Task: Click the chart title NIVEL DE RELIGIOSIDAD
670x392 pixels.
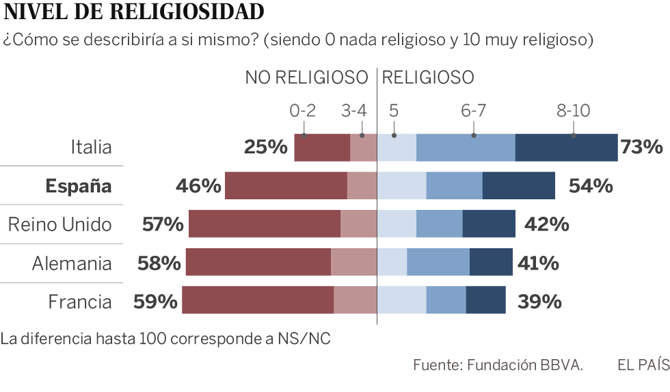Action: (x=133, y=12)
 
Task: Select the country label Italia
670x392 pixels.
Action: (x=91, y=147)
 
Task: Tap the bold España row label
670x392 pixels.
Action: (x=78, y=186)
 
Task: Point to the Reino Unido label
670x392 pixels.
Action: (x=59, y=224)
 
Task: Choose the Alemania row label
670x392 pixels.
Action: (x=72, y=263)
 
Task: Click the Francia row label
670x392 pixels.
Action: (x=79, y=302)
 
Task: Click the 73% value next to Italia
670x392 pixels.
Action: (x=641, y=147)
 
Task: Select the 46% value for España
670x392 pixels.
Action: (x=198, y=186)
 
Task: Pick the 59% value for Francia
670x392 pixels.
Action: (x=157, y=302)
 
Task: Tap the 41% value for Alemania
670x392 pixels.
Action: (x=538, y=263)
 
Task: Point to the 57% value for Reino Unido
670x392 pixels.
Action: (x=163, y=224)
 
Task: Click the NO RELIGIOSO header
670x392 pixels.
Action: (x=306, y=77)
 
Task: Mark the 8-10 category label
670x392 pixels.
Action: (x=573, y=111)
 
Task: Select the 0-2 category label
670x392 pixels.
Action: (x=303, y=111)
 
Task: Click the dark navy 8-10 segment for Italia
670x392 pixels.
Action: (x=566, y=148)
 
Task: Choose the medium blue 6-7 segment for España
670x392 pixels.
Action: (x=454, y=186)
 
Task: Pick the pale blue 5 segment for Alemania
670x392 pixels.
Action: (x=392, y=262)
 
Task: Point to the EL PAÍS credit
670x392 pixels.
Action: (x=643, y=365)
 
